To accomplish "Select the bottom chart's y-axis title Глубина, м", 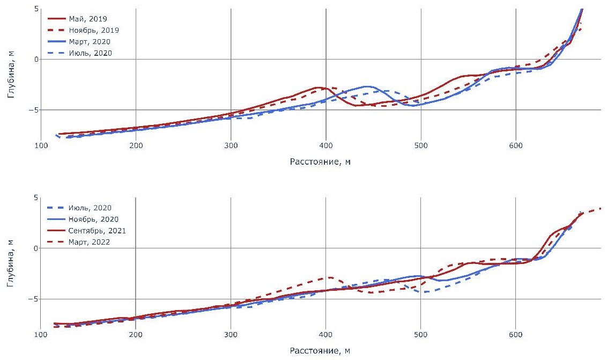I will pyautogui.click(x=11, y=267).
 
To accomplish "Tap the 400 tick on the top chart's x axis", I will pyautogui.click(x=325, y=145).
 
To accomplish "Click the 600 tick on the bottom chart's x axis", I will pyautogui.click(x=515, y=334).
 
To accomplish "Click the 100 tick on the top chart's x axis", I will pyautogui.click(x=41, y=145).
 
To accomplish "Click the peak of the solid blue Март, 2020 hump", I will pyautogui.click(x=367, y=86).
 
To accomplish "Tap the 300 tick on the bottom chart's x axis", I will pyautogui.click(x=231, y=334).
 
